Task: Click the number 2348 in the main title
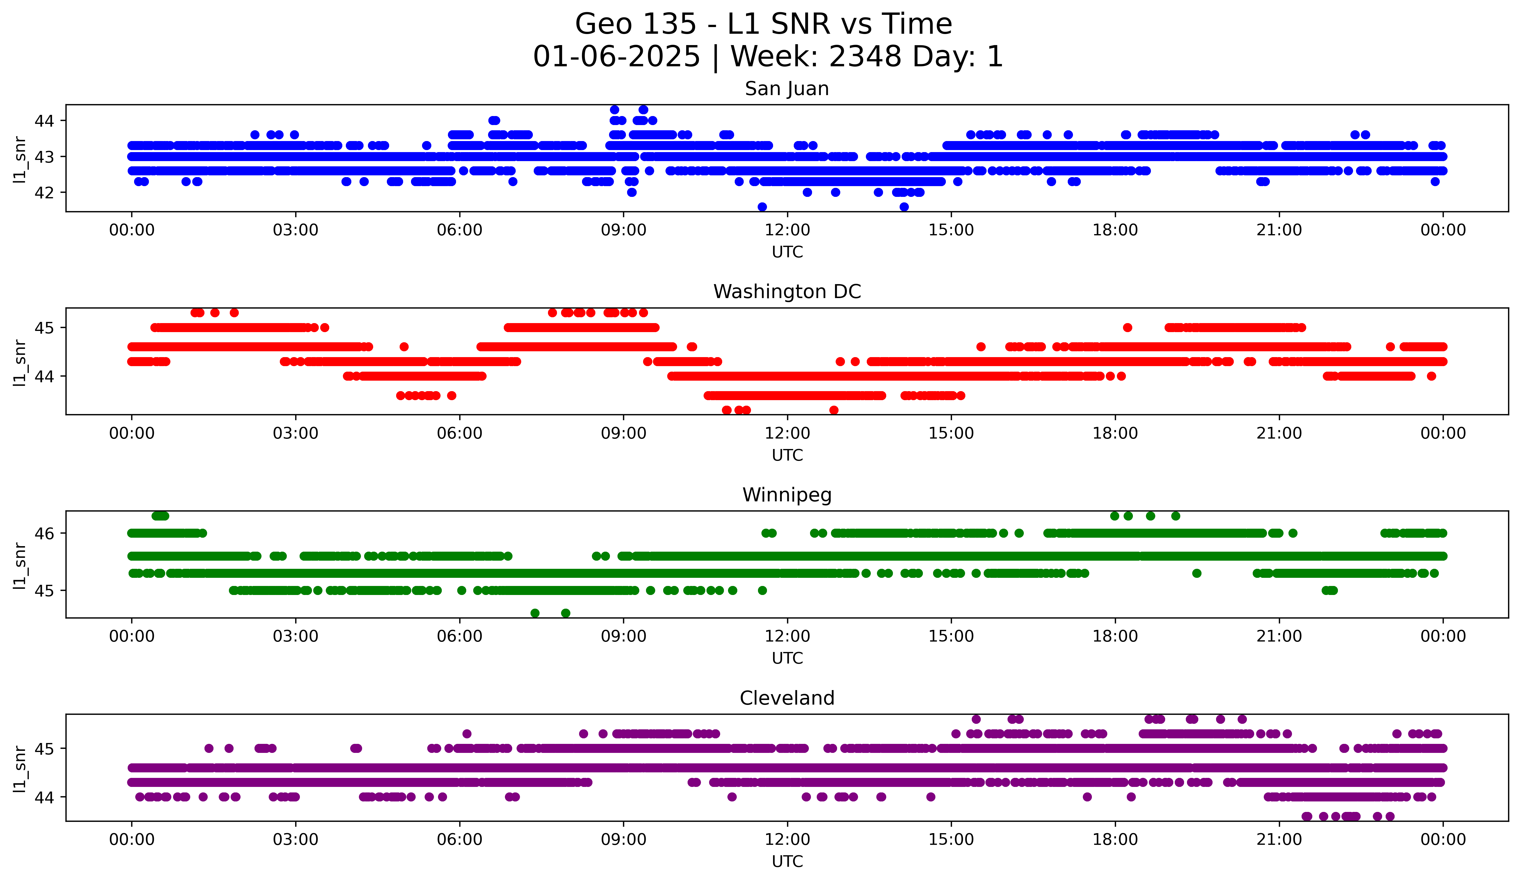point(864,57)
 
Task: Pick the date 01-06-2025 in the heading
point(616,57)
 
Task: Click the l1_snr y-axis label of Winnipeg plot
point(20,565)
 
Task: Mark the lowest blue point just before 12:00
point(762,207)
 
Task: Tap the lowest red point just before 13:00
point(834,410)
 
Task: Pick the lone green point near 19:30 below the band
point(1197,573)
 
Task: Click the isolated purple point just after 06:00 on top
point(466,734)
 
